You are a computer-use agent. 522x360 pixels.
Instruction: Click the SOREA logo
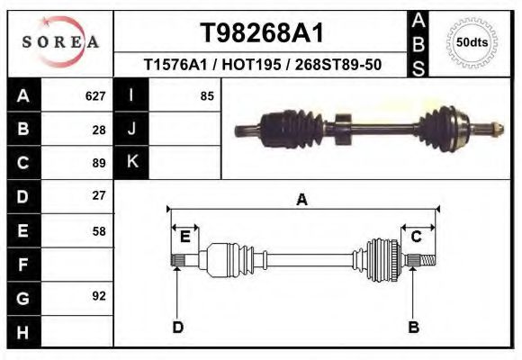coord(60,42)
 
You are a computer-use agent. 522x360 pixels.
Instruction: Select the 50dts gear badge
coord(473,41)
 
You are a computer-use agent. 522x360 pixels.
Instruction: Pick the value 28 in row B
coord(99,129)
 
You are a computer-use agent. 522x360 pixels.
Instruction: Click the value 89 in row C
coord(99,163)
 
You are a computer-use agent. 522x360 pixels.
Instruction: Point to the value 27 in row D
coord(99,195)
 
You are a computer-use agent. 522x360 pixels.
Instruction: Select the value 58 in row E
coord(99,230)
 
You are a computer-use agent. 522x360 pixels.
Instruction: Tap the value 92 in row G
coord(99,296)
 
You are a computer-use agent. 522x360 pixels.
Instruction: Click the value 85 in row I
coord(207,95)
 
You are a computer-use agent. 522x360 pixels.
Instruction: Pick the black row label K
coord(131,162)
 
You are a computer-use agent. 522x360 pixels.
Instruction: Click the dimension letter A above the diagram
coord(302,200)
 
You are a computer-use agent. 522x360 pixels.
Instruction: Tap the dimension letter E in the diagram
coord(184,237)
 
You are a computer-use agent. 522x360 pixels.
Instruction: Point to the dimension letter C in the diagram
coord(417,237)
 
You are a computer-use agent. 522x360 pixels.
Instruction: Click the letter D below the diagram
coord(178,326)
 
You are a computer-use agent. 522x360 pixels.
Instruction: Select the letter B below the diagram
coord(413,326)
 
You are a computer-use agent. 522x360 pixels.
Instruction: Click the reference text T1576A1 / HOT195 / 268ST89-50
coord(260,65)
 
